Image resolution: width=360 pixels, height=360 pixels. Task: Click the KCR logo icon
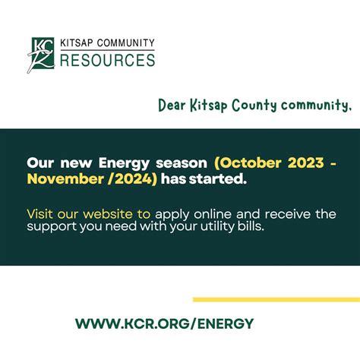click(43, 55)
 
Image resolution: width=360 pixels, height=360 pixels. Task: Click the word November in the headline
click(62, 179)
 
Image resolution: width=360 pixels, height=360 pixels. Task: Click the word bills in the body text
click(247, 227)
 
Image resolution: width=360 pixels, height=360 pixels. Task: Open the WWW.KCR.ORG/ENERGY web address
click(164, 323)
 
